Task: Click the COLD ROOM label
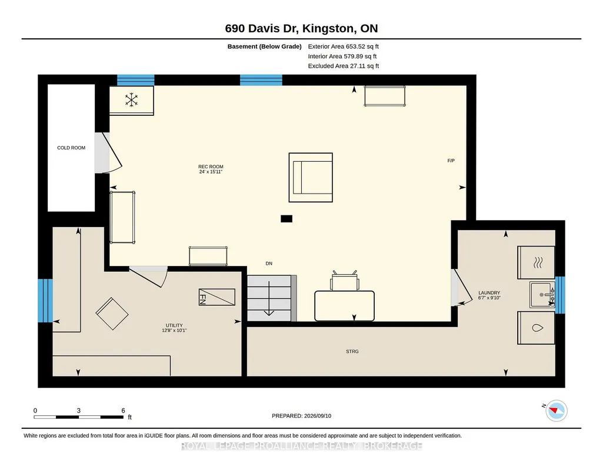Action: click(x=71, y=148)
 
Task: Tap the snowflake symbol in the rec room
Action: click(x=132, y=100)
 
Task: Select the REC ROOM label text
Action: click(x=211, y=167)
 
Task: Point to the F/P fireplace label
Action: click(x=451, y=161)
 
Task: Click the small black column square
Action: click(x=286, y=219)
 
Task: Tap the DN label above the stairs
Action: click(x=269, y=264)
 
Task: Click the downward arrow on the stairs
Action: click(x=269, y=298)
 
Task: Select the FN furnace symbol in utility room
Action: click(x=217, y=297)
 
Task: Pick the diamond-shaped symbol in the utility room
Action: click(x=112, y=314)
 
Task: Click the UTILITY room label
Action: click(x=174, y=325)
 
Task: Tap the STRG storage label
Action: click(x=352, y=351)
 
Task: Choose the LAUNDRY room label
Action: click(x=489, y=292)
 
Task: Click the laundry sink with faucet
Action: click(x=542, y=295)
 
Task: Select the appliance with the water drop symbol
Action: click(x=536, y=328)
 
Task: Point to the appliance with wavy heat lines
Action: click(x=536, y=262)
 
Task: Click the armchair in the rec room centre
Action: click(x=311, y=177)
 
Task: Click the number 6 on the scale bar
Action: click(x=123, y=411)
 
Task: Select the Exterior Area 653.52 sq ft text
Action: click(x=344, y=46)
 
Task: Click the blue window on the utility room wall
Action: click(x=45, y=301)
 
